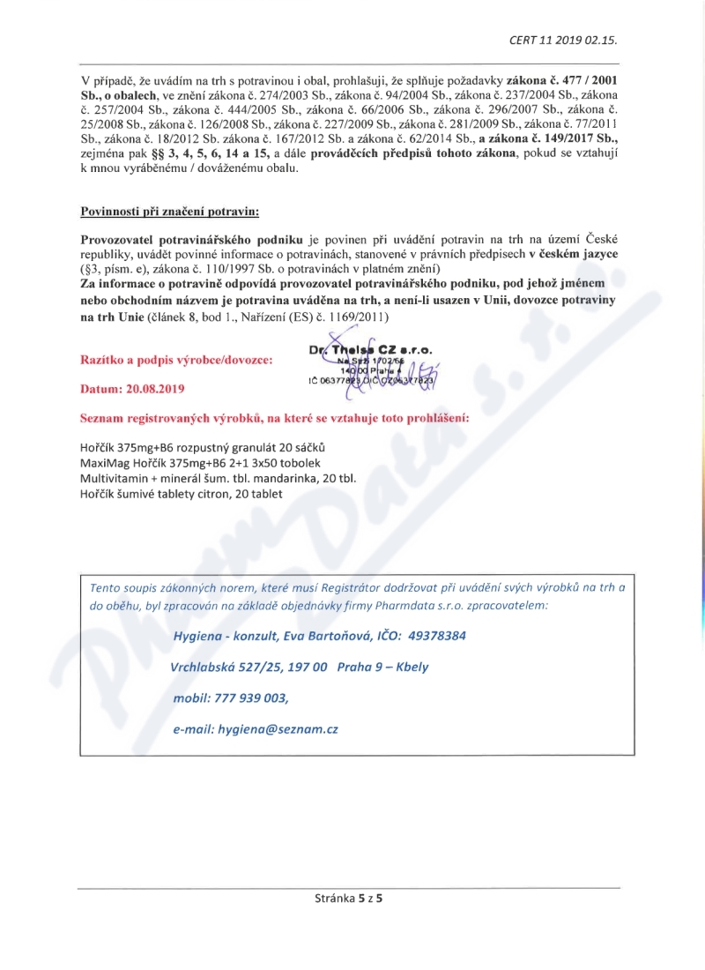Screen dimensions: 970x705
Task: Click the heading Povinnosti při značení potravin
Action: (170, 212)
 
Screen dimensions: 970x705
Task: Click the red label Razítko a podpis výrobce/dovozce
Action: (176, 360)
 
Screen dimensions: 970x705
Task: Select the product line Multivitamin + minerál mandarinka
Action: (217, 478)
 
